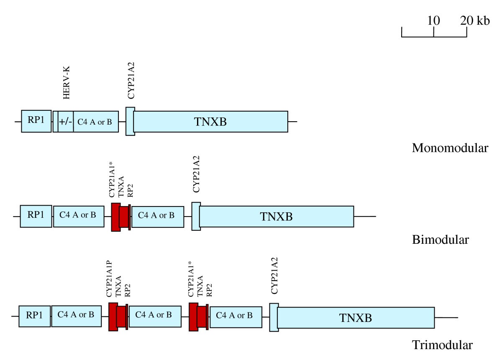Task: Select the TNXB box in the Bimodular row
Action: click(x=277, y=217)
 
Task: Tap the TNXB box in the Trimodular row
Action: click(x=356, y=317)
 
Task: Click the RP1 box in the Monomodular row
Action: click(x=36, y=121)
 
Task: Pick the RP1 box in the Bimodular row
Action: click(x=36, y=216)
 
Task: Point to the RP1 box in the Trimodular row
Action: click(x=34, y=316)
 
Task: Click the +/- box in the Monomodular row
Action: click(x=66, y=122)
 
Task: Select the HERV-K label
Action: click(x=67, y=87)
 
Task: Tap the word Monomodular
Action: click(x=450, y=148)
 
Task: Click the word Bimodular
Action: click(x=441, y=240)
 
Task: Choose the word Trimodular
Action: click(x=443, y=345)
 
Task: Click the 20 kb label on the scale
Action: click(x=475, y=20)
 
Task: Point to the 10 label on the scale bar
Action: click(x=434, y=20)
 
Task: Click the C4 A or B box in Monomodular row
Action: click(x=96, y=122)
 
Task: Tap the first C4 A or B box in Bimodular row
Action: click(x=78, y=216)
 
